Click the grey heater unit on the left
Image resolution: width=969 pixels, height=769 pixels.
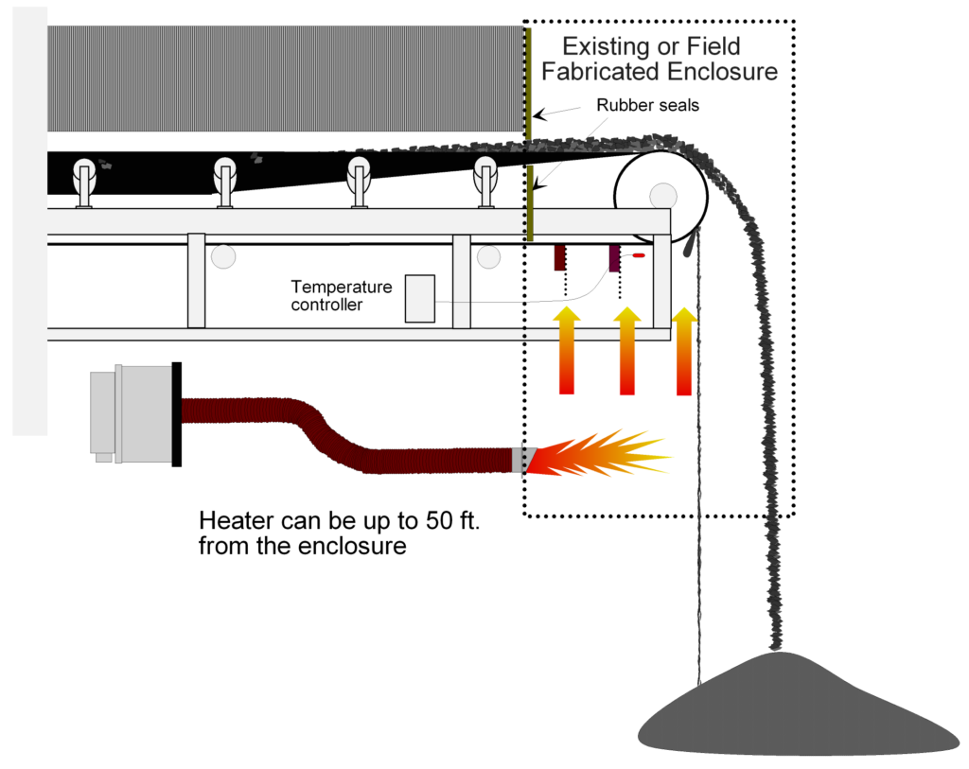point(132,413)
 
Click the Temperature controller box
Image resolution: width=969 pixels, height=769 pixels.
point(420,298)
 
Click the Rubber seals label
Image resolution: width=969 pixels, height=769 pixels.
point(647,105)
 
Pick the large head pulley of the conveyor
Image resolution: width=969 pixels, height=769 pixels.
point(661,194)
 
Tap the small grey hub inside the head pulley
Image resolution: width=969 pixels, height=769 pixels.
point(662,195)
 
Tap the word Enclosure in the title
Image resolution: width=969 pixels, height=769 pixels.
point(724,71)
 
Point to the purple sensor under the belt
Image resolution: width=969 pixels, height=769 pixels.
point(615,257)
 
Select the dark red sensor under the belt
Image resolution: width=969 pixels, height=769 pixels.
point(560,257)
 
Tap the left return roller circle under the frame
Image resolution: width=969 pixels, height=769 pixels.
point(223,256)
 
